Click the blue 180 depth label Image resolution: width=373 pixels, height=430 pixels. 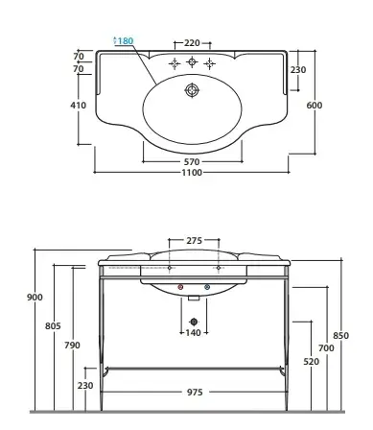click(125, 41)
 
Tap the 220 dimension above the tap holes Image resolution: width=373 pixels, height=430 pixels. click(192, 42)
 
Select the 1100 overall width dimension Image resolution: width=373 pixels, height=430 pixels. click(192, 173)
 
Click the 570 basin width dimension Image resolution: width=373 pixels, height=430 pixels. click(192, 162)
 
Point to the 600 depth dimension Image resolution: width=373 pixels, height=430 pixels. click(315, 105)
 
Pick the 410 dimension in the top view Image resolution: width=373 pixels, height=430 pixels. click(79, 105)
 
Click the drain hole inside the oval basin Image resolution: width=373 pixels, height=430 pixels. click(192, 90)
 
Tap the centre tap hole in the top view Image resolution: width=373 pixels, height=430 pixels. click(192, 61)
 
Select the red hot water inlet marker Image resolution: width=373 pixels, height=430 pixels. click(180, 287)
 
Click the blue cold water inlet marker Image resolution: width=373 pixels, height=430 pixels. click(207, 287)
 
